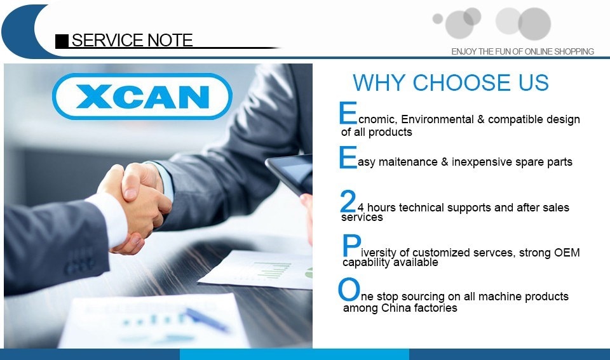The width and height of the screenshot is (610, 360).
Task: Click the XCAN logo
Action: (142, 97)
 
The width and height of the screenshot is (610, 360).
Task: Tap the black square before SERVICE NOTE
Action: (62, 41)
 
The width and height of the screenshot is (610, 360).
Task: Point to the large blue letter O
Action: (349, 290)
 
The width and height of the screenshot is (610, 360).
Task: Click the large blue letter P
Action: (351, 246)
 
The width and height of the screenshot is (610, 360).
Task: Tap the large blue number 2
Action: (348, 201)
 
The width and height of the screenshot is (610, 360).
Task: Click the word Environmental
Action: (437, 119)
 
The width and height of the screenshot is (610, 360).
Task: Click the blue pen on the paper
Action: (206, 319)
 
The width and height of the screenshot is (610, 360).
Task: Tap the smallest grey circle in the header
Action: (438, 18)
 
